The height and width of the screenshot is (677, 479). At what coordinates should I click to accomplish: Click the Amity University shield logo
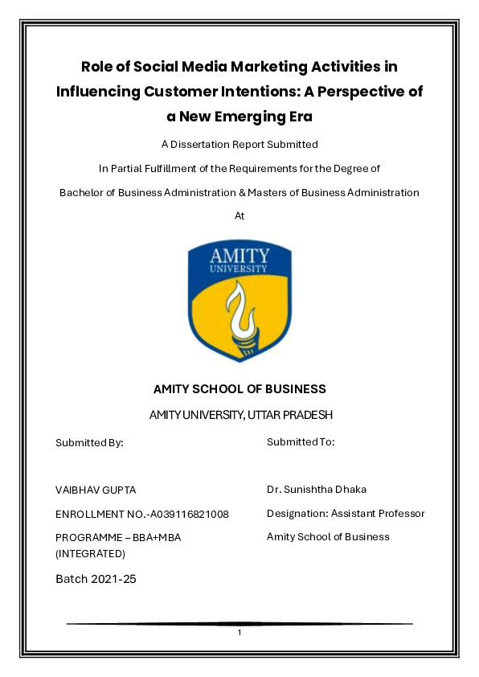239,300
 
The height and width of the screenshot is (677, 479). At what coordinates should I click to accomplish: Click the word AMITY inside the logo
239,256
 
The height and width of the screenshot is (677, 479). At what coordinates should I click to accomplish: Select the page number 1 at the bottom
239,633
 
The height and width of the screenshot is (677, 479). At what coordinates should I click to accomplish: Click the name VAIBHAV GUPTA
90,490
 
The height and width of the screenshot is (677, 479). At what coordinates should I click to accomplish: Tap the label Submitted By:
89,442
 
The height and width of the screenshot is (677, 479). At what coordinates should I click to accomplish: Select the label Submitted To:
301,441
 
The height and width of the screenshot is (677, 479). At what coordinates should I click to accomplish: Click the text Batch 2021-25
96,578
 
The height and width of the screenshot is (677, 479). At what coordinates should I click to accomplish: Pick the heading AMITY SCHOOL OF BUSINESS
239,389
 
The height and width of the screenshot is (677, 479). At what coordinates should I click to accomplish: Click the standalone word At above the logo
239,215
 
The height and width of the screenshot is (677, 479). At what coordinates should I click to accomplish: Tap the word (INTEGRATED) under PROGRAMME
90,553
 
